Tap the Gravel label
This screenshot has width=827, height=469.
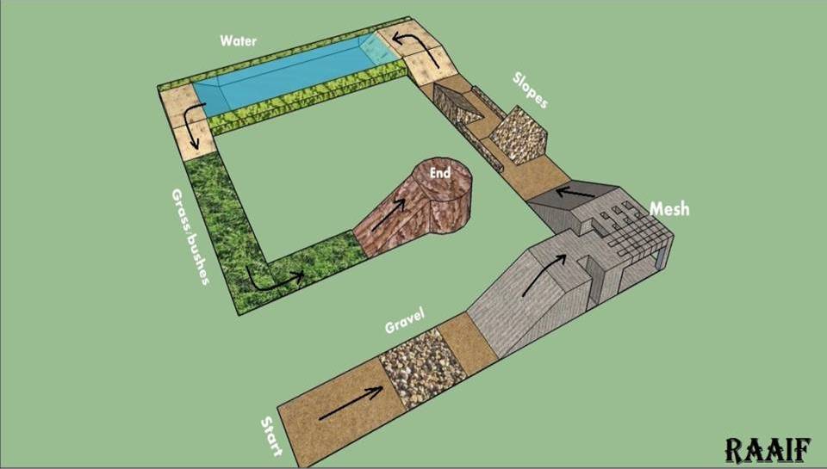[405, 321]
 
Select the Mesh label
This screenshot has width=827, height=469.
[669, 209]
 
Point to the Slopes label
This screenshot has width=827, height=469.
[530, 90]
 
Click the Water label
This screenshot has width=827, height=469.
[239, 40]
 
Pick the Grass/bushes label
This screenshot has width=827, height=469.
[190, 237]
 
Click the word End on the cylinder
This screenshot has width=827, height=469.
[440, 172]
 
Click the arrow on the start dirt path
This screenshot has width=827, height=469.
[351, 404]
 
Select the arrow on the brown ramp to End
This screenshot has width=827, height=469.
[389, 214]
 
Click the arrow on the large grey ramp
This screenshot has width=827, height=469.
[544, 275]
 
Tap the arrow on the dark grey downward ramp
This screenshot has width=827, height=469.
[576, 193]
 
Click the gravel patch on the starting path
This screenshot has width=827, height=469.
[422, 367]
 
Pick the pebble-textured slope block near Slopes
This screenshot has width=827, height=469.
[519, 135]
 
